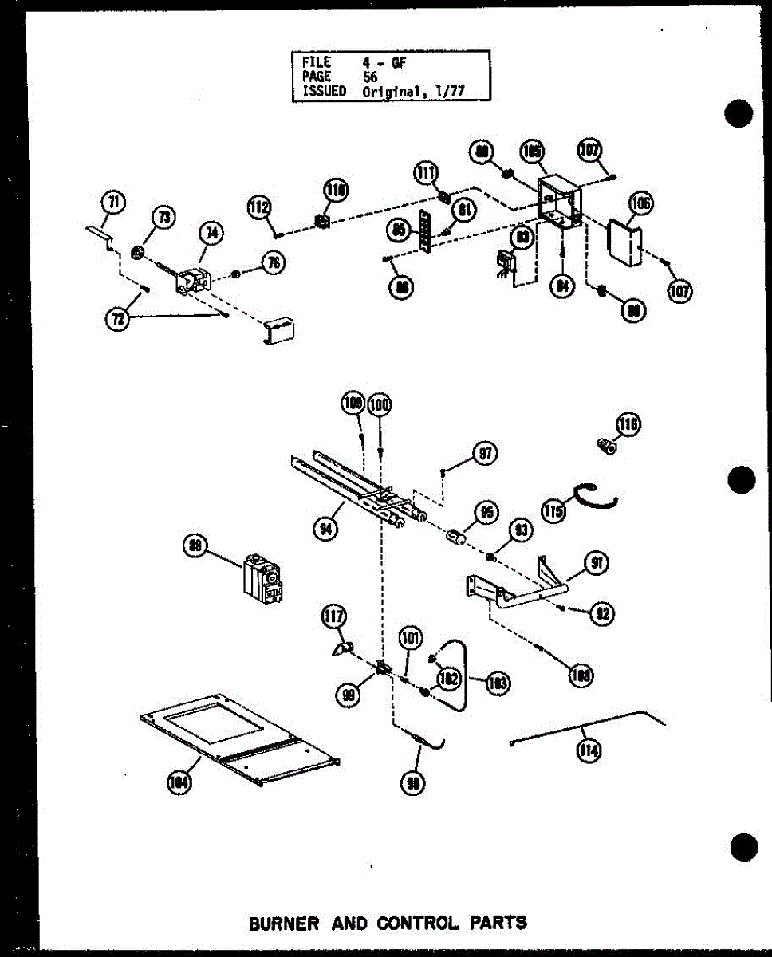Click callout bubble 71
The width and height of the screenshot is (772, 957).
[114, 203]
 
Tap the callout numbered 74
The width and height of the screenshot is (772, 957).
[211, 234]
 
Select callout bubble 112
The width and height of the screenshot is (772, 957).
[258, 207]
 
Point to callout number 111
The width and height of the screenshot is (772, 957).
[425, 171]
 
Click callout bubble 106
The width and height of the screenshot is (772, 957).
[640, 203]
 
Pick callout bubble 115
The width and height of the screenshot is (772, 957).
[553, 510]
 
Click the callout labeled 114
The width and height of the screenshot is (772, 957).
[589, 750]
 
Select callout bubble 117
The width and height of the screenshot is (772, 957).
[333, 616]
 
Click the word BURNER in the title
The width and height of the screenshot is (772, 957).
[284, 924]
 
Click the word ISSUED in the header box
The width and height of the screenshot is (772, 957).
[324, 91]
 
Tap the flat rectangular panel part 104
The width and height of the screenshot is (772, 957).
[239, 738]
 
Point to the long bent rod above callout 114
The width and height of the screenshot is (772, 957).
[590, 726]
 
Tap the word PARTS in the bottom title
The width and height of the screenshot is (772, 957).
[498, 924]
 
